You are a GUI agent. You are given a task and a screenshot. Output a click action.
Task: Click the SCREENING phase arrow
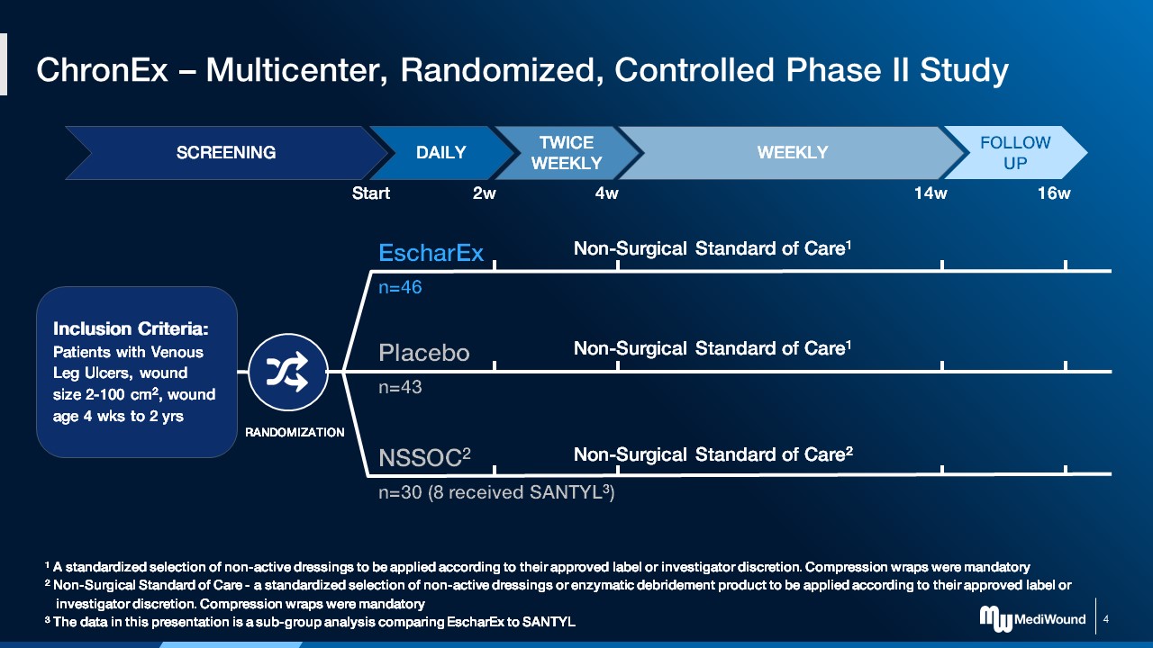click(x=225, y=152)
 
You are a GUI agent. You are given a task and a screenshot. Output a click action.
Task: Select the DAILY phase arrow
click(x=440, y=152)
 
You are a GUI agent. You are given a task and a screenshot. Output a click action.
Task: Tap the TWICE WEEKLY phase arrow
click(x=566, y=152)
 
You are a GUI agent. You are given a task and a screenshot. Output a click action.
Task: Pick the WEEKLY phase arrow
click(x=792, y=152)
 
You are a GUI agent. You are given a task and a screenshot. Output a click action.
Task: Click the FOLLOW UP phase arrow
click(x=1015, y=152)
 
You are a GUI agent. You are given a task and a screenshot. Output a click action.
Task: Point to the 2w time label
click(x=485, y=193)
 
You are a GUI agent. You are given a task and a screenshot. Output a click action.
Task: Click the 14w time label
click(x=931, y=193)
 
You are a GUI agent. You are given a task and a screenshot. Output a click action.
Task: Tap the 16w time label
click(x=1054, y=193)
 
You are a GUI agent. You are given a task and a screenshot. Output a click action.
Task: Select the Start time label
click(x=370, y=193)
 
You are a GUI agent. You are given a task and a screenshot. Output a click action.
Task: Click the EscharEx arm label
click(x=431, y=253)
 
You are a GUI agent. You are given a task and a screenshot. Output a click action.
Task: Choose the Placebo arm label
click(x=423, y=353)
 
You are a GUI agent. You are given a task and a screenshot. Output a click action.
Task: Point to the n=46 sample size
click(x=400, y=288)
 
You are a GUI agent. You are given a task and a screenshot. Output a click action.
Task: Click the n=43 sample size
click(x=400, y=388)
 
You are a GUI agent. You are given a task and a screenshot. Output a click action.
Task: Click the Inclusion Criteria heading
click(x=132, y=328)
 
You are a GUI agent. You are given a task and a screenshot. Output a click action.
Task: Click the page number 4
click(x=1105, y=619)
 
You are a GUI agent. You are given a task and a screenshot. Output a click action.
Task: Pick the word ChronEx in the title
click(x=102, y=70)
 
